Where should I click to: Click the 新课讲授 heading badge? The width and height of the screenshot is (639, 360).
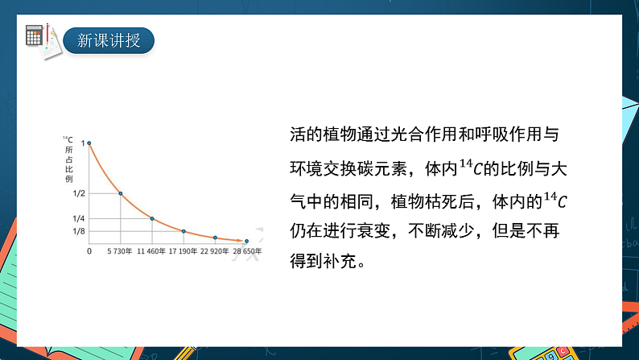(109, 40)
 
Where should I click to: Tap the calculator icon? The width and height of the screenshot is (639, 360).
(34, 35)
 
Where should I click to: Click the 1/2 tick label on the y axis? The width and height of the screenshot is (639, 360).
(79, 194)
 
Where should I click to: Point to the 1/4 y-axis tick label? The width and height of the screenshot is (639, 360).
(79, 219)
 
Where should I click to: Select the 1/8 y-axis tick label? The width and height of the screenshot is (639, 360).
(79, 232)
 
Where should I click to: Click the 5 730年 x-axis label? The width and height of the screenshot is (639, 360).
(120, 252)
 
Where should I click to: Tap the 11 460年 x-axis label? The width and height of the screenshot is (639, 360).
(151, 252)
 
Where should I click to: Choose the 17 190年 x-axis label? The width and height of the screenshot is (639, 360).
(183, 252)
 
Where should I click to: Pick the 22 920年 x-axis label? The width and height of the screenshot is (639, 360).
(216, 252)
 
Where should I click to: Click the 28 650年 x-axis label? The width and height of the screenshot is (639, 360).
(248, 252)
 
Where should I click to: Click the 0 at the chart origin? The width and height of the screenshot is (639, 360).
(89, 252)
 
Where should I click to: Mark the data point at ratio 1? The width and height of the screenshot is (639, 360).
(89, 143)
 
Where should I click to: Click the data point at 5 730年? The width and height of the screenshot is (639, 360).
(121, 193)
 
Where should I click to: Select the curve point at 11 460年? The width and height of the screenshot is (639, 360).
(152, 218)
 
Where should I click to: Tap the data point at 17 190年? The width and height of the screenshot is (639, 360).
(183, 231)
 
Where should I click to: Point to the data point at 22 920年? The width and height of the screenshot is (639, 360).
(215, 238)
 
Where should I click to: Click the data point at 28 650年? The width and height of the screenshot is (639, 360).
(246, 241)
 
